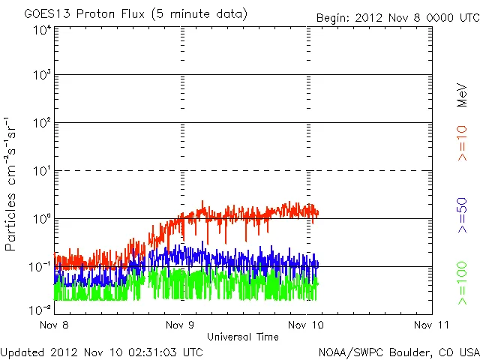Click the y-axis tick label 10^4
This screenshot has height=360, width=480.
pos(41,30)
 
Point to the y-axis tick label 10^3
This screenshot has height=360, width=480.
pos(41,76)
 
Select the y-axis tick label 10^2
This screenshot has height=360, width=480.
pos(41,124)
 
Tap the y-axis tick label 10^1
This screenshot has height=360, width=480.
pos(41,172)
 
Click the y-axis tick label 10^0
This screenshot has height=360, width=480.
pos(41,220)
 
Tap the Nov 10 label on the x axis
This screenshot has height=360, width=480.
pos(306,325)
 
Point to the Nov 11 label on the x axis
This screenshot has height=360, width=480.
pos(432,325)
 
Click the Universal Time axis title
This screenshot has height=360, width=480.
pos(242,337)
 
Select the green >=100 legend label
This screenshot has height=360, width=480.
pos(463,284)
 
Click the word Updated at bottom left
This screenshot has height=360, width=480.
pos(22,352)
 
